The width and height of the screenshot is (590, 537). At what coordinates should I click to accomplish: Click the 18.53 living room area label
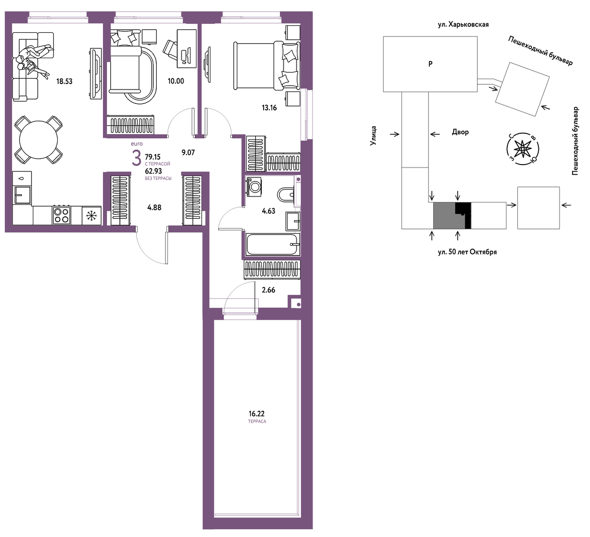(64, 81)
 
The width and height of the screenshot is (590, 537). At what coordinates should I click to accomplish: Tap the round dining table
(38, 140)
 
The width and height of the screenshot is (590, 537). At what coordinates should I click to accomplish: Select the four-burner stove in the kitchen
(62, 215)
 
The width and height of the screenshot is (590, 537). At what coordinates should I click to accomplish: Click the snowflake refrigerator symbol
(91, 216)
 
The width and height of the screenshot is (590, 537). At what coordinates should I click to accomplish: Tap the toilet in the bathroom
(286, 194)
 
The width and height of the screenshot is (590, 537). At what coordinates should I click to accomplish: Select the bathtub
(273, 244)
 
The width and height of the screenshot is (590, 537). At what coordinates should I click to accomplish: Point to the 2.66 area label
(268, 290)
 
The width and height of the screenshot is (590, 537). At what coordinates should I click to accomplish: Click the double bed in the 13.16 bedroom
(267, 66)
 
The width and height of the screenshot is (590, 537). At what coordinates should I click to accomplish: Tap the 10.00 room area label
(176, 81)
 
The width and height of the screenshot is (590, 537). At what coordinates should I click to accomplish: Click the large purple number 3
(136, 158)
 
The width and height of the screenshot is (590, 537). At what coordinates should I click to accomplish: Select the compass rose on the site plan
(522, 149)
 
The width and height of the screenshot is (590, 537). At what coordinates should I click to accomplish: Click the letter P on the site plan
(430, 64)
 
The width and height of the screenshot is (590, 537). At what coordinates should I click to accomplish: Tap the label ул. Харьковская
(463, 25)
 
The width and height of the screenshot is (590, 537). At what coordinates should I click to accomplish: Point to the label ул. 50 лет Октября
(467, 252)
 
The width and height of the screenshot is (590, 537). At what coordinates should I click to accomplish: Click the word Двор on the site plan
(460, 132)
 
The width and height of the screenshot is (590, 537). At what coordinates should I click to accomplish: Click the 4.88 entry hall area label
(154, 207)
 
